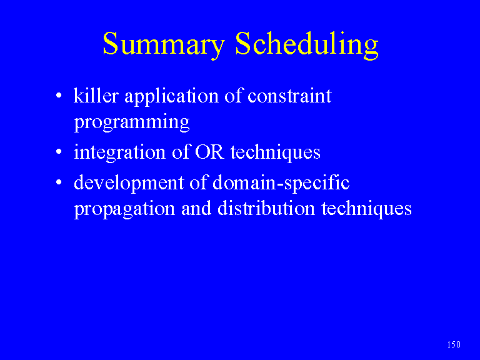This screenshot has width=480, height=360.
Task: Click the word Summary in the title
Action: [x=164, y=44]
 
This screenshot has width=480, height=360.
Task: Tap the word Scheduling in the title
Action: [x=307, y=45]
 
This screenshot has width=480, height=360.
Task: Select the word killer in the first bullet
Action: [x=96, y=96]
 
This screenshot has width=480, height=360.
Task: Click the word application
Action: [x=172, y=97]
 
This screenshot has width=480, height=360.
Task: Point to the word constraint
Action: [x=289, y=96]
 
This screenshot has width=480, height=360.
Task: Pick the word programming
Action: [x=132, y=122]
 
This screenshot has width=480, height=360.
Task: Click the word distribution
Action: [x=266, y=208]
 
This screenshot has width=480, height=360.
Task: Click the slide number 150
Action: [x=454, y=345]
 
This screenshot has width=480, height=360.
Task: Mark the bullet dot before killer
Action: [x=59, y=96]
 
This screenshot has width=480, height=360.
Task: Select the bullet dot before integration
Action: [x=59, y=152]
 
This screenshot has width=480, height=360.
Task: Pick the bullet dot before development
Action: [x=59, y=182]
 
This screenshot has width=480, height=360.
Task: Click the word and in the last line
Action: [x=196, y=208]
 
